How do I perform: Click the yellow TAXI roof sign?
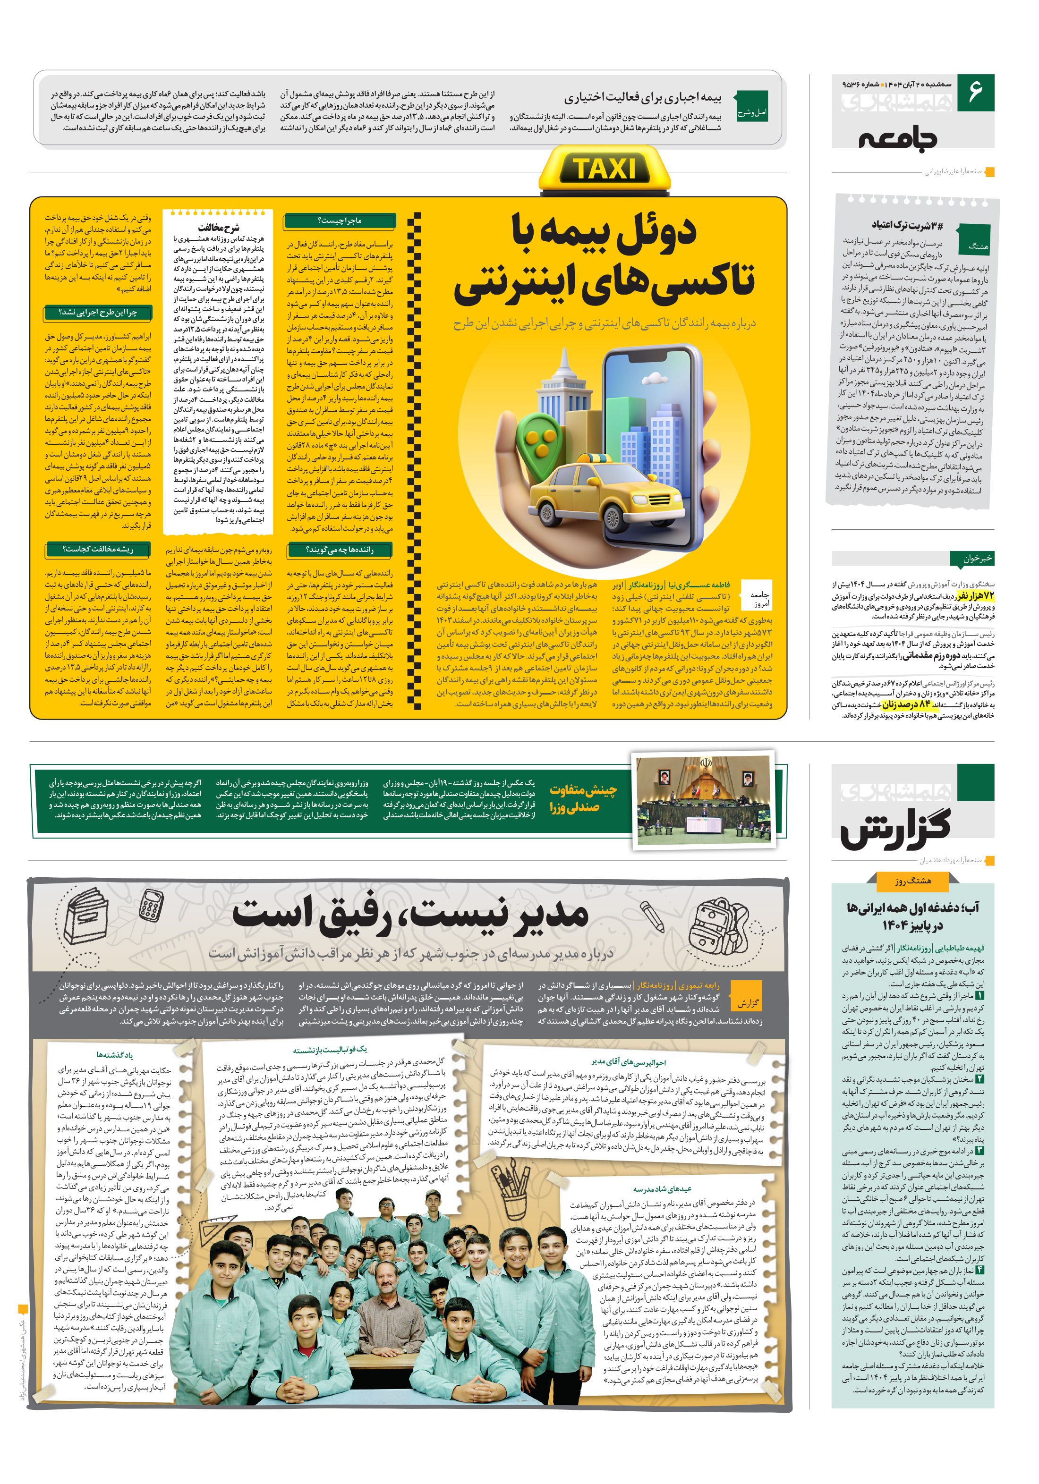coord(605,170)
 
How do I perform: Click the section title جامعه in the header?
coord(897,138)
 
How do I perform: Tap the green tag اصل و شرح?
coord(753,112)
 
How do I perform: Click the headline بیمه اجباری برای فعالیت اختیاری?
coord(643,98)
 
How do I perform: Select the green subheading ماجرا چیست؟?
coord(340,221)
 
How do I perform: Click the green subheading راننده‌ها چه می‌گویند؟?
coord(340,550)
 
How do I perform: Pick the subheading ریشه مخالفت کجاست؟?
coord(98,550)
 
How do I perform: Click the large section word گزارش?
coord(895,829)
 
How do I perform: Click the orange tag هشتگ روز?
coord(913,880)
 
